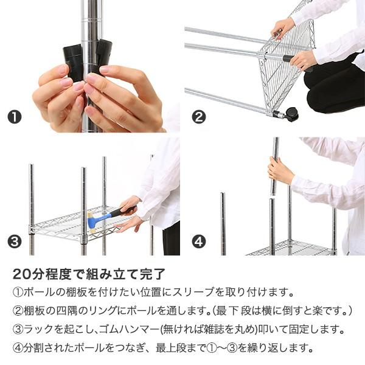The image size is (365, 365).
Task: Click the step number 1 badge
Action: (15, 117)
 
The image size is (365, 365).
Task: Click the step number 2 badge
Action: (198, 117)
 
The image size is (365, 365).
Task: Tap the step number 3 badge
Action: (15, 241)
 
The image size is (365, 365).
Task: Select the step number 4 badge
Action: (198, 241)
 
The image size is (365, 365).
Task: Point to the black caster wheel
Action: (291, 114)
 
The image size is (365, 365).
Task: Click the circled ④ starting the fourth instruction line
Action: (18, 349)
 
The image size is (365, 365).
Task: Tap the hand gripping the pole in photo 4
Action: (280, 171)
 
